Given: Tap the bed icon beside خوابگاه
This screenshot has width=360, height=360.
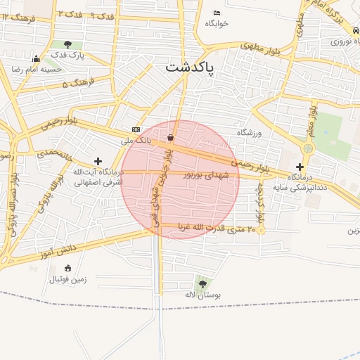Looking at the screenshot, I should [x=217, y=13].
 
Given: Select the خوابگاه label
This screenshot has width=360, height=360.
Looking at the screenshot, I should [x=217, y=23].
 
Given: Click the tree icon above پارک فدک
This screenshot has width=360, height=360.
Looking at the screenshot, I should [x=67, y=44].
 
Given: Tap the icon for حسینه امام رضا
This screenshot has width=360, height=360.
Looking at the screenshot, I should [x=37, y=58].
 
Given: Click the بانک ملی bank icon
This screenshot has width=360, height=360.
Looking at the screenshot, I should [x=136, y=130].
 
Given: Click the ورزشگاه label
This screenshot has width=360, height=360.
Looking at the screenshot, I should [x=249, y=133].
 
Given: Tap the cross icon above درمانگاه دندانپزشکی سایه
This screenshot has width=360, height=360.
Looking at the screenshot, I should [x=300, y=167].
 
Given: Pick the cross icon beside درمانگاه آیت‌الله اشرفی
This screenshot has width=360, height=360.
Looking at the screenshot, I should [x=97, y=162].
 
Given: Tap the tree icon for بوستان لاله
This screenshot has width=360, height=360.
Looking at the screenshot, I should [x=202, y=284].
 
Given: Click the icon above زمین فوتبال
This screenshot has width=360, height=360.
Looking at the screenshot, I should [x=67, y=268].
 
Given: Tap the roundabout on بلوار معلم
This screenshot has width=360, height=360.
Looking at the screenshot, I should [x=308, y=148].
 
